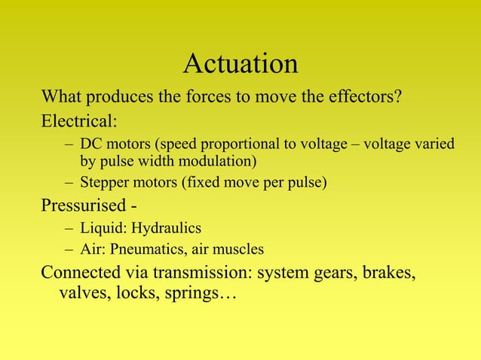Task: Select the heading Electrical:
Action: click(78, 121)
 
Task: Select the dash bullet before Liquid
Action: click(69, 227)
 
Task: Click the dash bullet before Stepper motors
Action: click(69, 182)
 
